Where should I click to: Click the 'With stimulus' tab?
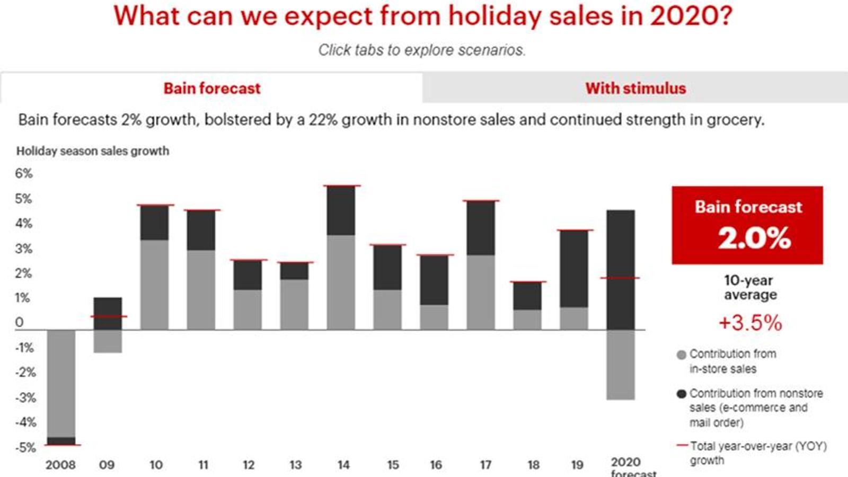point(635,88)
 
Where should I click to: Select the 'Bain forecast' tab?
point(211,88)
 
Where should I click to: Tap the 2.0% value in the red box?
point(754,238)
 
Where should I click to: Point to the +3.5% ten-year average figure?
point(750,323)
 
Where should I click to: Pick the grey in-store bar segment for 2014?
point(341,282)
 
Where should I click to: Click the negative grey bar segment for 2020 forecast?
point(620,364)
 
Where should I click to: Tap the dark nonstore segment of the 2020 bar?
point(620,244)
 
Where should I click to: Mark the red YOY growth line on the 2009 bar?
point(108,316)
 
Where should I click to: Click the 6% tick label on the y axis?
point(24,173)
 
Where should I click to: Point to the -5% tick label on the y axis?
point(25,447)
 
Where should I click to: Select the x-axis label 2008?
point(60,465)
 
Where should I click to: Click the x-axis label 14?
point(343,465)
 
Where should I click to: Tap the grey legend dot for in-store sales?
point(682,355)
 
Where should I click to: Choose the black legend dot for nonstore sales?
point(682,394)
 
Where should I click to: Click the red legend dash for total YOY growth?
point(682,446)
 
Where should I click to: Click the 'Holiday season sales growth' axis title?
point(93,151)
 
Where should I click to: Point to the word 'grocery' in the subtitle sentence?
point(734,120)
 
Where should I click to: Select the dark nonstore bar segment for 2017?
point(481,228)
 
